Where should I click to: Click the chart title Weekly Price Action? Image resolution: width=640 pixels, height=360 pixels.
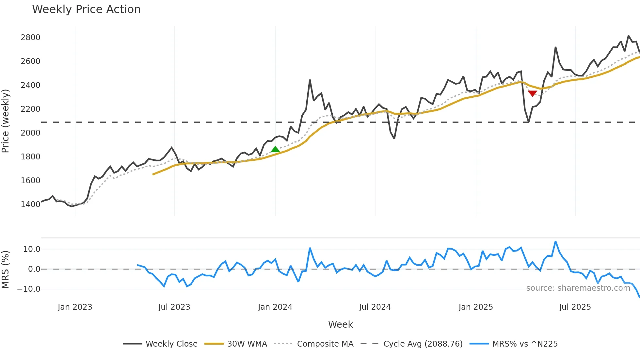click(x=86, y=9)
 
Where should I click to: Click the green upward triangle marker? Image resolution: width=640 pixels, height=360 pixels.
click(x=275, y=150)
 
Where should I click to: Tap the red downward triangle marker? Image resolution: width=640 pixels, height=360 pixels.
click(x=532, y=93)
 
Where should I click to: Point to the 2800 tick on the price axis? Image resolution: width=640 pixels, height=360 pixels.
click(x=30, y=38)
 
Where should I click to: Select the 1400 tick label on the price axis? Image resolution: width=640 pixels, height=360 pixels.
click(x=30, y=205)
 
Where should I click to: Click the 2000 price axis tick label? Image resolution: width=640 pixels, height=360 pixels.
click(x=30, y=133)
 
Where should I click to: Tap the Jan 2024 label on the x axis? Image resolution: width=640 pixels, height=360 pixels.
click(x=275, y=307)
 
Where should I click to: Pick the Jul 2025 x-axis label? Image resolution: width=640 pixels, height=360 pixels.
click(x=575, y=307)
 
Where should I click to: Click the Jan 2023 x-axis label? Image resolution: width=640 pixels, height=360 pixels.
click(x=75, y=307)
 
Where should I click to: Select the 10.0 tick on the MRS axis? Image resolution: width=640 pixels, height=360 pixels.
click(x=32, y=249)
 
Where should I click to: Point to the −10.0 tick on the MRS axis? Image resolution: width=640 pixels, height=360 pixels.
click(x=29, y=289)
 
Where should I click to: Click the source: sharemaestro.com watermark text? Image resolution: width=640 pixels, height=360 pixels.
click(x=578, y=288)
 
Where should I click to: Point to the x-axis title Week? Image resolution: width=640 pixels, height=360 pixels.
click(x=340, y=324)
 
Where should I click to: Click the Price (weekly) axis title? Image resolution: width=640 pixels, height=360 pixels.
click(x=6, y=121)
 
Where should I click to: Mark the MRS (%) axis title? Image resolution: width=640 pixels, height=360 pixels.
click(x=6, y=270)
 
